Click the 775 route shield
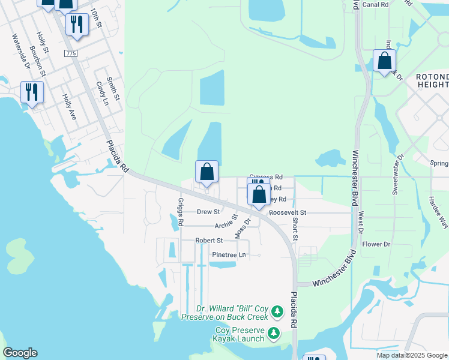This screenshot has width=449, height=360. coord(71,53)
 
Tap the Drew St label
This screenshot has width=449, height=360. coord(209,212)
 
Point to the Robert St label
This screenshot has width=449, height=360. coord(209,240)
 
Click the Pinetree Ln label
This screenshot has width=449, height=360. coord(229,255)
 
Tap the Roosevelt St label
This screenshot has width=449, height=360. coord(288,212)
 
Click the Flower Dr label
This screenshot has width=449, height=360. coord(376,244)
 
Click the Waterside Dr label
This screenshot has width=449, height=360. coord(21,51)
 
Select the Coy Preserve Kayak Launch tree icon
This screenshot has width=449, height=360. coord(273,333)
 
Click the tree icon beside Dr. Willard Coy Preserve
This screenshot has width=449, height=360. coord(277,311)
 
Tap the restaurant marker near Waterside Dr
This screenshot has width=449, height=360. coord(31,92)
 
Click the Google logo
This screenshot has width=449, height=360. coord(20,353)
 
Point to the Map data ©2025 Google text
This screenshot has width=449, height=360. coord(411,355)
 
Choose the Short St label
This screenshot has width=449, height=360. coord(295,229)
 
